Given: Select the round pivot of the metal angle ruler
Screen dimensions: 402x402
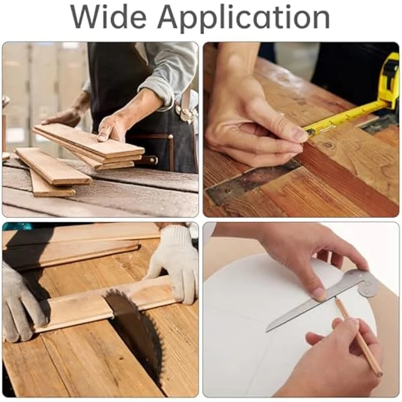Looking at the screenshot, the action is (x=366, y=288).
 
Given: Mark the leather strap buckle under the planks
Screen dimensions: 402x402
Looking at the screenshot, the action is (x=150, y=161).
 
